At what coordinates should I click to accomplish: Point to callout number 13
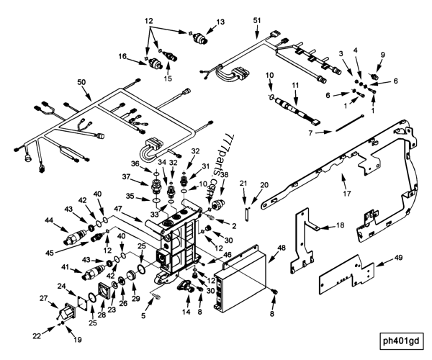click(x=221, y=22)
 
